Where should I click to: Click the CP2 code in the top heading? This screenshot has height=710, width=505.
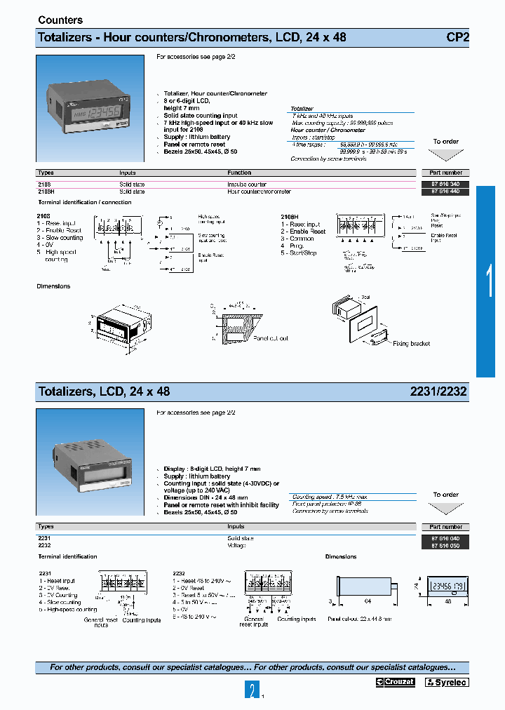(x=457, y=37)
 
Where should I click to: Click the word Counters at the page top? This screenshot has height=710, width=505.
(x=60, y=20)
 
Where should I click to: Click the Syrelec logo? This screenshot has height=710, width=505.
(x=446, y=682)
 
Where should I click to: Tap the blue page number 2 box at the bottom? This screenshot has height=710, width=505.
(x=252, y=691)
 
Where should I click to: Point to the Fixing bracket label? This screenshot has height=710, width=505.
(x=411, y=344)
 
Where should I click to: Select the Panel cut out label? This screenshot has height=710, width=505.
(x=271, y=338)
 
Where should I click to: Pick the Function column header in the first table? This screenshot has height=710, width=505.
(x=239, y=173)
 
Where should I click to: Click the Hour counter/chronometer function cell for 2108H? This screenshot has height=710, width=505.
(x=259, y=191)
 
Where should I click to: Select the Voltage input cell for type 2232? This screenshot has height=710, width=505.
(x=237, y=545)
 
